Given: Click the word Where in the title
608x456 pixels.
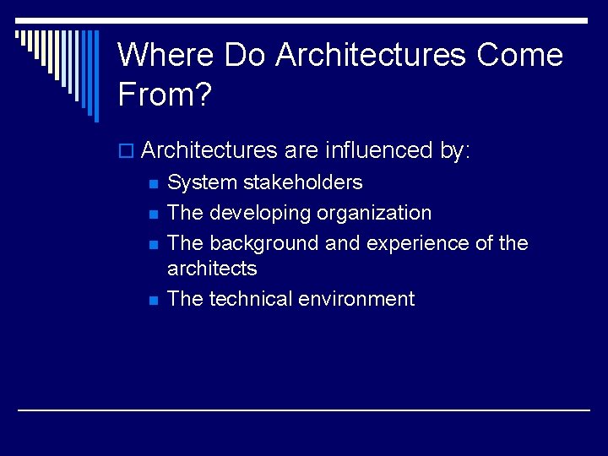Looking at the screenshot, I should click(166, 55).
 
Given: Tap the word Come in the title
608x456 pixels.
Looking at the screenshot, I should click(519, 55).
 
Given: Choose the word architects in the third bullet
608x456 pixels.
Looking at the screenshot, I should click(212, 269).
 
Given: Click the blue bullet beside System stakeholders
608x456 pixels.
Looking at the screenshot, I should click(153, 184).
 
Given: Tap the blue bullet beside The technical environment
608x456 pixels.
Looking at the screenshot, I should click(153, 301).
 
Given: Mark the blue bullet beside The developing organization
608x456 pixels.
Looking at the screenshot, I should click(153, 214).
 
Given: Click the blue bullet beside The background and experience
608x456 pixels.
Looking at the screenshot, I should click(153, 245).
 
